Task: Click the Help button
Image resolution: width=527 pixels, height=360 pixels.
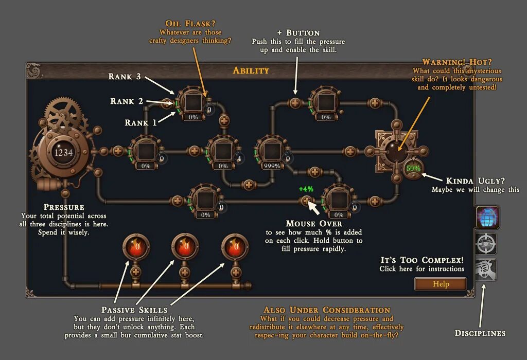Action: point(441,284)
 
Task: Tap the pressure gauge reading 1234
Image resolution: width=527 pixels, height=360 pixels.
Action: point(64,152)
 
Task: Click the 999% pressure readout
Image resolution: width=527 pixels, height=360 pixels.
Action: point(271,166)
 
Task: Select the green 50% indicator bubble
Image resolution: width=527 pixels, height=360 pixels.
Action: point(413,168)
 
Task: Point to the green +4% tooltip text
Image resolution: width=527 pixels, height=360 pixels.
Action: point(306,189)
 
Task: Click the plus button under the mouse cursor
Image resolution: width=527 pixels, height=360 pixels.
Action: point(306,201)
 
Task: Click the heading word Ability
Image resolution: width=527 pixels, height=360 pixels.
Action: point(251,70)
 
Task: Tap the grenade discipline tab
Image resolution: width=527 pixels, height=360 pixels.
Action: point(486,217)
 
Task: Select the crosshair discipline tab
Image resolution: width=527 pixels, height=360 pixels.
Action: point(486,243)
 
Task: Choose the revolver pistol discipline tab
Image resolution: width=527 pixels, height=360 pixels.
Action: point(486,269)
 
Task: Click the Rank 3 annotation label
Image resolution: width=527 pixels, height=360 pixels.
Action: point(125,77)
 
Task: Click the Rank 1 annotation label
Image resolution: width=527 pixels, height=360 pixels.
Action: point(140,123)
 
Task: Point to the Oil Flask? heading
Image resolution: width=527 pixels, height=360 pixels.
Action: point(190,24)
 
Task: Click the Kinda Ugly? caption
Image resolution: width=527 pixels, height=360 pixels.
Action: point(476,181)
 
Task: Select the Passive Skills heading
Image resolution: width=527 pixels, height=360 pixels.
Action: point(134,310)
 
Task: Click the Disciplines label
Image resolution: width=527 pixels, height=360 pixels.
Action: point(480,333)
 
